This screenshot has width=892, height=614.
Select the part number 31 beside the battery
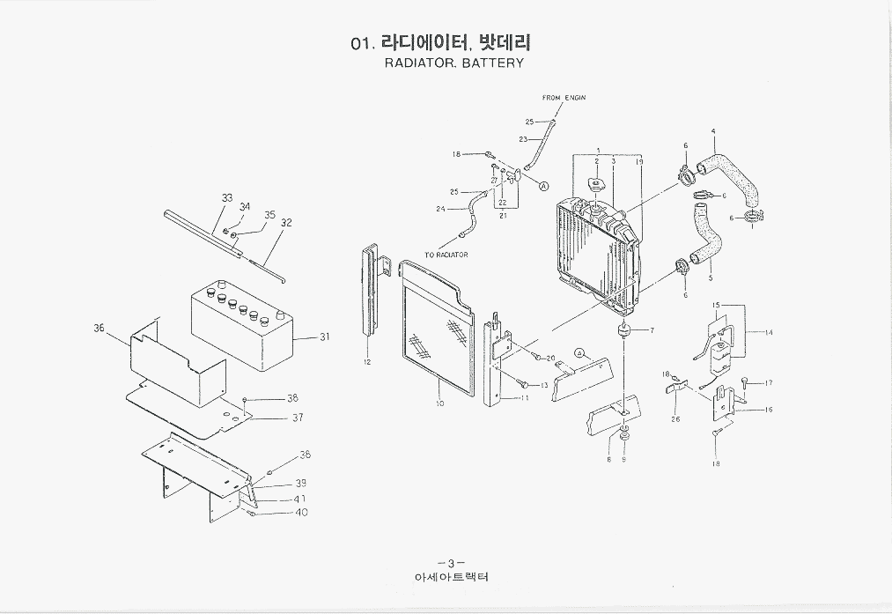pos(324,337)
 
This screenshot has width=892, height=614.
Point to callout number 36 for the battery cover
pos(100,328)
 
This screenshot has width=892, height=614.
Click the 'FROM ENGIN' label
pos(564,98)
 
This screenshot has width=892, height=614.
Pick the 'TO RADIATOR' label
pos(446,255)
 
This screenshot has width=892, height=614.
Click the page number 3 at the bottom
pos(450,564)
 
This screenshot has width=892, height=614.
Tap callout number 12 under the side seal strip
pos(366,362)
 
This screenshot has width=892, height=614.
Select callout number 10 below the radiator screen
pos(439,403)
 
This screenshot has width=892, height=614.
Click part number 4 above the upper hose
pos(712,132)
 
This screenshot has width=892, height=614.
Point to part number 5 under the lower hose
pos(710,278)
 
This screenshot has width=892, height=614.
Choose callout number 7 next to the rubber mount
pos(652,330)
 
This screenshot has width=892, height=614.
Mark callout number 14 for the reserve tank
pos(769,333)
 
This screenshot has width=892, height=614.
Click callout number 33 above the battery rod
pos(227,198)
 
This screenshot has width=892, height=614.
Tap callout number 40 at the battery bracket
pos(301,512)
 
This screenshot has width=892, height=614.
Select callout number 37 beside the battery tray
pos(298,418)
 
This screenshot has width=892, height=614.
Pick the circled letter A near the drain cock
pos(543,186)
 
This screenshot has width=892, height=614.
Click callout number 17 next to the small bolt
pos(769,382)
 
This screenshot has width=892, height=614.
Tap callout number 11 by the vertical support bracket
pos(525,397)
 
